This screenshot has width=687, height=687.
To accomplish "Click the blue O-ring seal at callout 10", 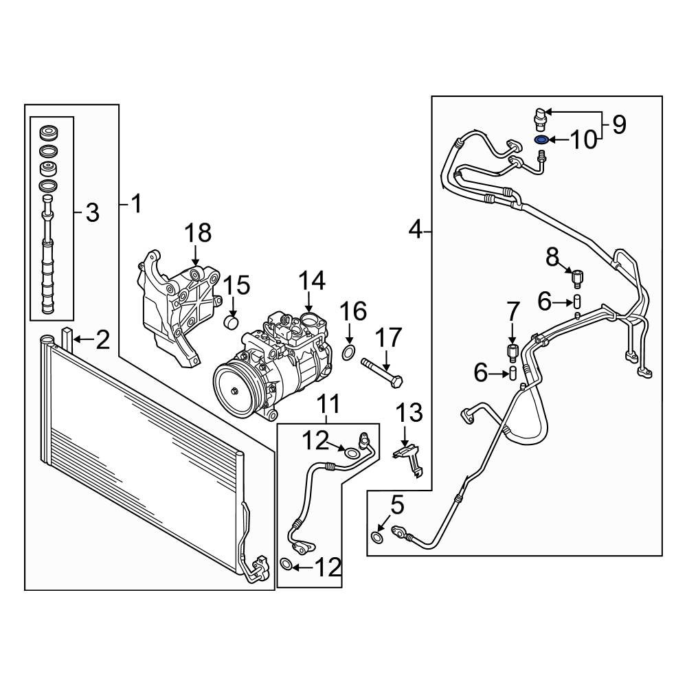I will coord(541,141).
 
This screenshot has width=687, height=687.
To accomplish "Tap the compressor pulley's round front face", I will coord(234,392).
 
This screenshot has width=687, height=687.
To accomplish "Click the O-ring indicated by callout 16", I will coord(349,353).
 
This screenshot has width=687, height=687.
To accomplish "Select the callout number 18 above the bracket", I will coord(197,234).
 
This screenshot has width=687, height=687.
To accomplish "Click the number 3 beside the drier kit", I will coord(93,213).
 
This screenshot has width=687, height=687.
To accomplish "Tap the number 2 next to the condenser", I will coord(102,339).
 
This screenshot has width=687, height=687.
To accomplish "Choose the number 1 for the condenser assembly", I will coord(137,203).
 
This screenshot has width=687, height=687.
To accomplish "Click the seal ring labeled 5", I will coord(377,537).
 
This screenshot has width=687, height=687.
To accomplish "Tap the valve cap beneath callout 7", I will coord(512,352).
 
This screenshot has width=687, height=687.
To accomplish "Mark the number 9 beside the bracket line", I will coord(619,125).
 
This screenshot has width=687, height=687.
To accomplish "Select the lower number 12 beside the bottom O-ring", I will coord(327,567).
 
